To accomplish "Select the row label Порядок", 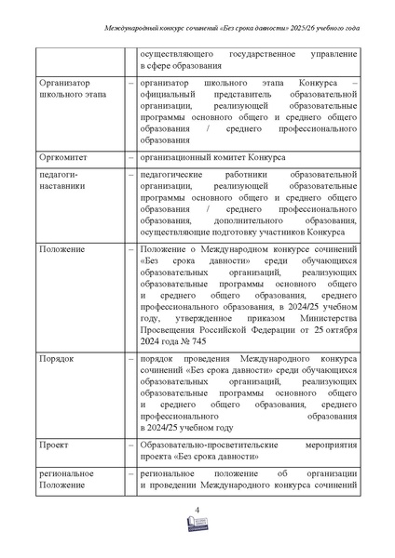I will click(58, 357).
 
